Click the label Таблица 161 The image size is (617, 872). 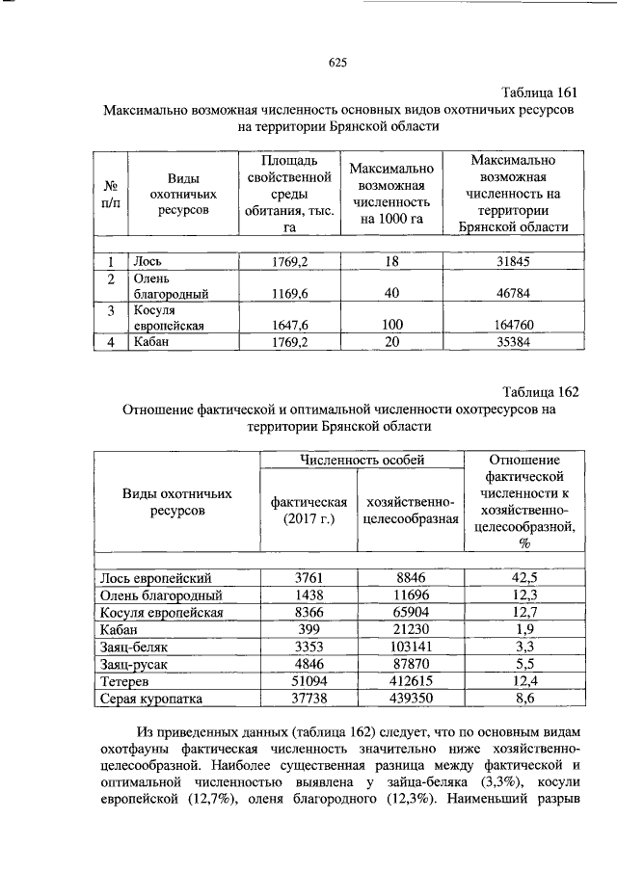[540, 92]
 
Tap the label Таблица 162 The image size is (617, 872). [540, 391]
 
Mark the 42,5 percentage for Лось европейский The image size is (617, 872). [525, 577]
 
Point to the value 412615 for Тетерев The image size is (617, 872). [410, 681]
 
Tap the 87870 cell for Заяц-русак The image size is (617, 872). [410, 664]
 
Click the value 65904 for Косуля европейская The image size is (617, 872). [410, 612]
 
